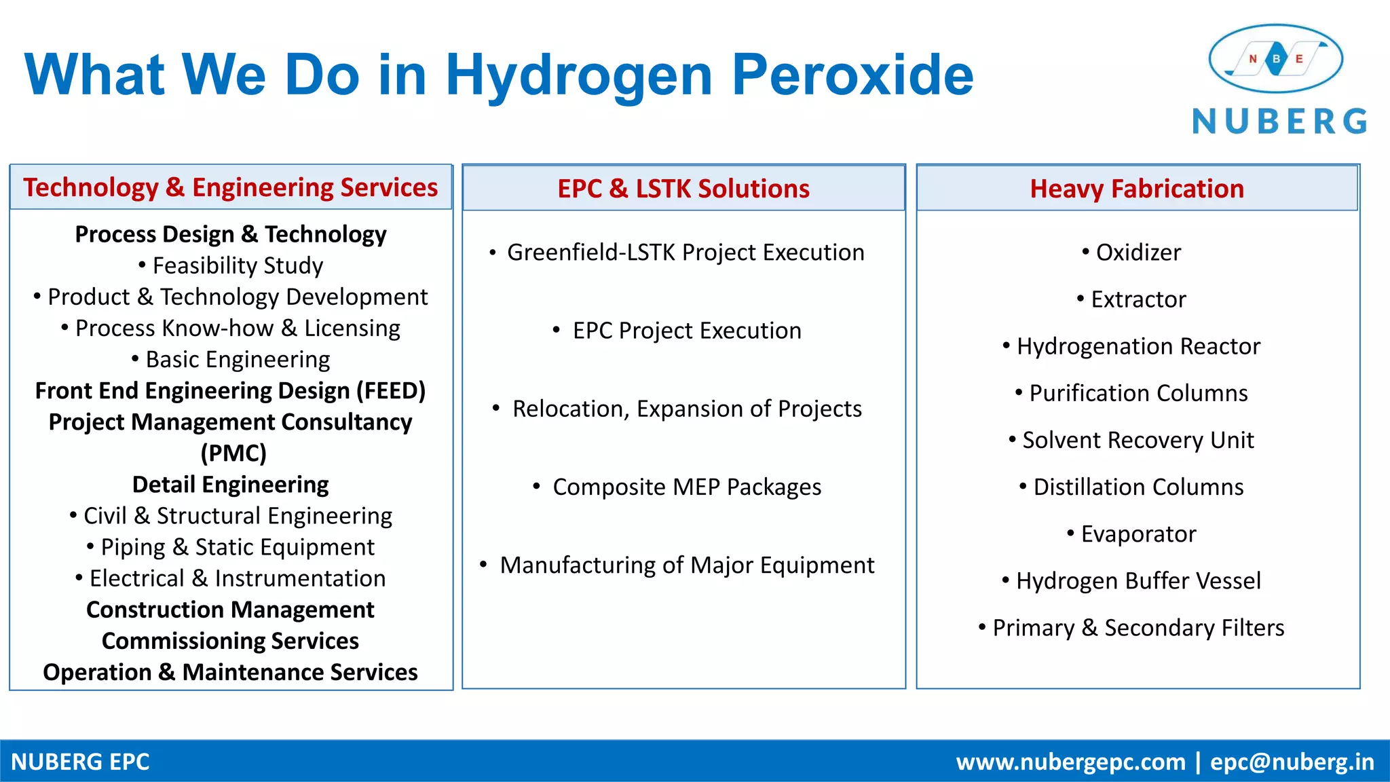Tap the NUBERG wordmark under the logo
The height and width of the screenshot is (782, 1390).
pyautogui.click(x=1279, y=122)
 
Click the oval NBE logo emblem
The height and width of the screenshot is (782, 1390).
pyautogui.click(x=1275, y=59)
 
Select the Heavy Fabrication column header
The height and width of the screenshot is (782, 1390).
pyautogui.click(x=1137, y=189)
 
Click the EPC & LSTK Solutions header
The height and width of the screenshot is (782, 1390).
pyautogui.click(x=683, y=189)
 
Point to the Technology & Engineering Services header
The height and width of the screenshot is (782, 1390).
pyautogui.click(x=231, y=187)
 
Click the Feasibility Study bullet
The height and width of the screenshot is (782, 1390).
pyautogui.click(x=231, y=265)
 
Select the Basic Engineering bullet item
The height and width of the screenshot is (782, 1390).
pyautogui.click(x=231, y=359)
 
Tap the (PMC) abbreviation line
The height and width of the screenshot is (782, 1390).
pyautogui.click(x=233, y=453)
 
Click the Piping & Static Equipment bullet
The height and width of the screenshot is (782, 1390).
pyautogui.click(x=231, y=547)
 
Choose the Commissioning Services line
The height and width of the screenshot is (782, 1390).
pyautogui.click(x=230, y=641)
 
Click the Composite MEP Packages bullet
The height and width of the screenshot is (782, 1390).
pyautogui.click(x=679, y=487)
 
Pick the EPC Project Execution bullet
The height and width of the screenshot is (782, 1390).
pyautogui.click(x=679, y=331)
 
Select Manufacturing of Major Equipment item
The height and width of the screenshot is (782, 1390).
pyautogui.click(x=679, y=565)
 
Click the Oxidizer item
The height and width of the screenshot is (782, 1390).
pyautogui.click(x=1132, y=253)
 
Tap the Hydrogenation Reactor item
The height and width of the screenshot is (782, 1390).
pyautogui.click(x=1132, y=346)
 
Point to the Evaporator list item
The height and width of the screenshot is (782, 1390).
pyautogui.click(x=1132, y=534)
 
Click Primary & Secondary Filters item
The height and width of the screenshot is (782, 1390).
pyautogui.click(x=1132, y=628)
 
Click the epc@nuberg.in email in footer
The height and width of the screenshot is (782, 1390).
pyautogui.click(x=1292, y=762)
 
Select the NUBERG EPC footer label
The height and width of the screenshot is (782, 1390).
pyautogui.click(x=80, y=762)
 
